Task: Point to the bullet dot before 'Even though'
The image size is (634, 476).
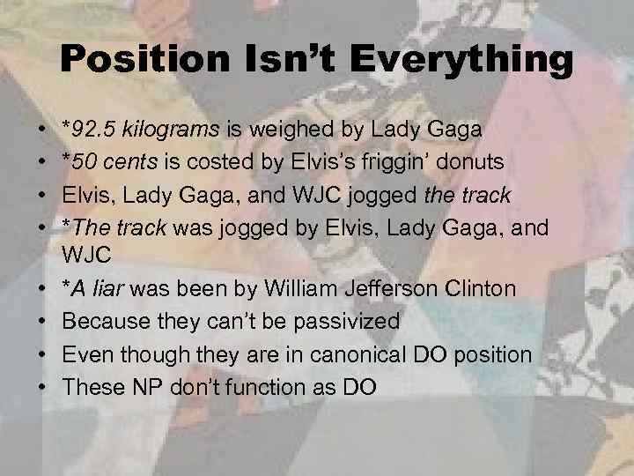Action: pyautogui.click(x=43, y=355)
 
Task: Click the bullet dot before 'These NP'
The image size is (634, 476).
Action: pyautogui.click(x=43, y=387)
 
